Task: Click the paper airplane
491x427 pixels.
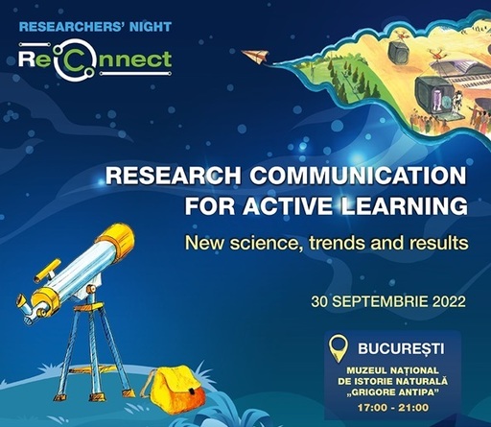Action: pos(256,57)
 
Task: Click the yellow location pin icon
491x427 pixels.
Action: pos(339,348)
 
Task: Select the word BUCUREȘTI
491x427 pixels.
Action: pos(401,348)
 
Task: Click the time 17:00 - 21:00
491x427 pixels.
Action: pos(393,408)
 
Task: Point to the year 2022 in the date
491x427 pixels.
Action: pos(449,301)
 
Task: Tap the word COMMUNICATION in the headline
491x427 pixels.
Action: pos(359,176)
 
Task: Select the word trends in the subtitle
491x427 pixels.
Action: pos(337,243)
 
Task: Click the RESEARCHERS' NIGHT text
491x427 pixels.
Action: pos(95,27)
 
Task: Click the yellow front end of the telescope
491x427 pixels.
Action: pos(116,238)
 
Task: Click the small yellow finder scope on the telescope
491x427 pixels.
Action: pos(47,271)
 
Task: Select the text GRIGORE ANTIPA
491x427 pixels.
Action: pos(393,392)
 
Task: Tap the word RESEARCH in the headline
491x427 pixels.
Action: pos(174,176)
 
